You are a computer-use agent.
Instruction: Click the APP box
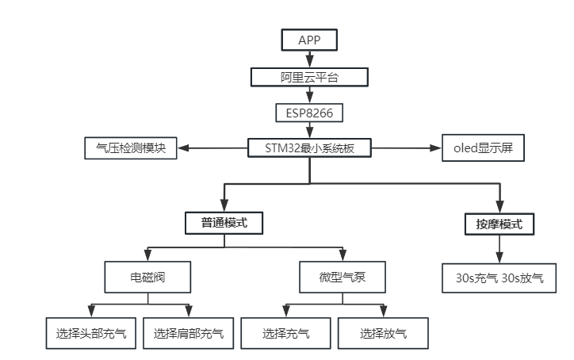click(x=309, y=40)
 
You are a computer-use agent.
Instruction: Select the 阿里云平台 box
click(x=309, y=77)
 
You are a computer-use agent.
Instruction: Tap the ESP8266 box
click(x=309, y=113)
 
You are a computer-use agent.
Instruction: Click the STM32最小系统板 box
click(x=309, y=148)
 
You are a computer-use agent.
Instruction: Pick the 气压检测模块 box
click(x=131, y=148)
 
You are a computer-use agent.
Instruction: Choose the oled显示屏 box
click(x=483, y=148)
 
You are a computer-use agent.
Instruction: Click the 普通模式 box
click(x=224, y=223)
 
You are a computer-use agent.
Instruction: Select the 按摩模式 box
click(x=499, y=224)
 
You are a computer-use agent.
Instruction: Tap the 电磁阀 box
click(x=147, y=278)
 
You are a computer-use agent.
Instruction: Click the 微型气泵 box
click(x=342, y=278)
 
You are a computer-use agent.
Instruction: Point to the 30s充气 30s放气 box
click(x=499, y=278)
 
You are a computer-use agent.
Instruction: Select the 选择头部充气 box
click(x=91, y=333)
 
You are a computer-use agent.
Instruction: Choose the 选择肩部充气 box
click(x=188, y=333)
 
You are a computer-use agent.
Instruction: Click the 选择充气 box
click(x=285, y=333)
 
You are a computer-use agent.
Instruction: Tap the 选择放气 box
click(x=383, y=333)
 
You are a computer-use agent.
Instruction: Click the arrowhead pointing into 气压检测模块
click(x=183, y=148)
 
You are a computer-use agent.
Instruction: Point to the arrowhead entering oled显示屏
click(x=435, y=148)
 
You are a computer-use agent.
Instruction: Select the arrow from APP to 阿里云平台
click(x=310, y=59)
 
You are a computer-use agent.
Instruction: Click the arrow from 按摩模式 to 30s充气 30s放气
click(x=499, y=249)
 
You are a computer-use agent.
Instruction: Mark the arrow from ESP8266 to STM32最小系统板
click(x=310, y=130)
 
